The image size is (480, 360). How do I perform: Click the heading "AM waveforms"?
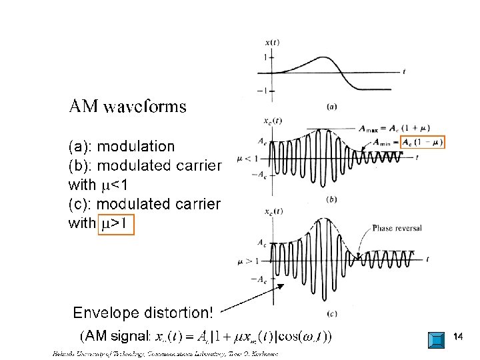[x=128, y=107]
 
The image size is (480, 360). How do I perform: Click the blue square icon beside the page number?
[x=436, y=339]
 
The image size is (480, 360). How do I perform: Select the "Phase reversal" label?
[x=397, y=228]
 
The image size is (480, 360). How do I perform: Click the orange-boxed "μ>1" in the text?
[x=116, y=223]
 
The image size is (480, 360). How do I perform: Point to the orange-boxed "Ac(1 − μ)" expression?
[x=419, y=143]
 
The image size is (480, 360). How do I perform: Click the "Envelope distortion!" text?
[x=143, y=313]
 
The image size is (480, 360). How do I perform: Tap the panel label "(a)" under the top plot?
[x=331, y=105]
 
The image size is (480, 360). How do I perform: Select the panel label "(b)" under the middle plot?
[x=331, y=198]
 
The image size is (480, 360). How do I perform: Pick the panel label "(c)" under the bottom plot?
[x=331, y=313]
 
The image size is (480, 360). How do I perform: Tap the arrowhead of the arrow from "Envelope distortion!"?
[x=283, y=285]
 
